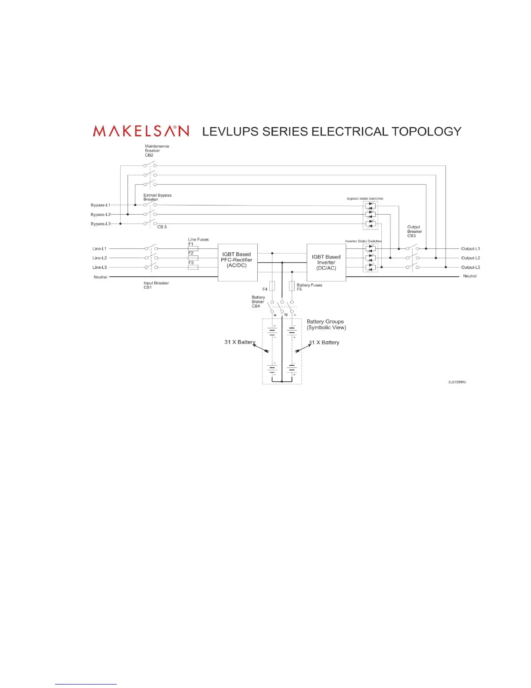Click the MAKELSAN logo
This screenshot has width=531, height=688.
click(x=141, y=131)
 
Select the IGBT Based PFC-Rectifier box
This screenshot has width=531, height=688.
click(x=237, y=262)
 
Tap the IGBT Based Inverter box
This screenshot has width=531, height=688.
click(x=326, y=262)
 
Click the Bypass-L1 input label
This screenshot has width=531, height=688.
click(x=100, y=205)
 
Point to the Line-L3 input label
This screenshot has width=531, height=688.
click(x=99, y=268)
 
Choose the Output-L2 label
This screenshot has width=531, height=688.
click(x=470, y=258)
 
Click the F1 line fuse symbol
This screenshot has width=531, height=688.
click(x=193, y=249)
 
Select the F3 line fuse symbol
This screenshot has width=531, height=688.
click(x=193, y=268)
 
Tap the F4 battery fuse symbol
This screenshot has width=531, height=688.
click(x=272, y=286)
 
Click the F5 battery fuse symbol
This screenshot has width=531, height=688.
click(x=292, y=286)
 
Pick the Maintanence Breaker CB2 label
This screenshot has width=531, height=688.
click(x=157, y=150)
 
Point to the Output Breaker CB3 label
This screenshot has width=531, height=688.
click(x=414, y=231)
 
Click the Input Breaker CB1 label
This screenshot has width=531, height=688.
click(x=156, y=285)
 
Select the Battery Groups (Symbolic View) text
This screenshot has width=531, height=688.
click(x=326, y=324)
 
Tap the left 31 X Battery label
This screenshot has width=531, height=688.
click(x=239, y=342)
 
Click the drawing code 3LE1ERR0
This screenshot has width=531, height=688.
click(x=457, y=382)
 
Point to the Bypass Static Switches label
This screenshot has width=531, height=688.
click(x=365, y=198)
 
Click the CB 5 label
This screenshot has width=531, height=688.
click(x=162, y=227)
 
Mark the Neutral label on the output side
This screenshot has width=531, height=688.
click(x=469, y=276)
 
